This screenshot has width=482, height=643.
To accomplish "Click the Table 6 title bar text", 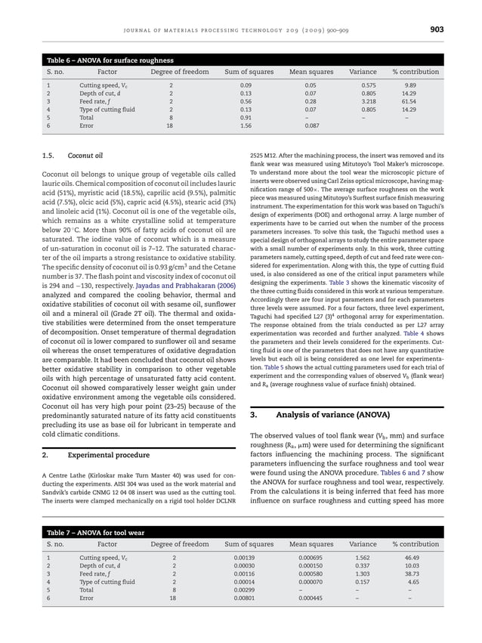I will [x=110, y=60].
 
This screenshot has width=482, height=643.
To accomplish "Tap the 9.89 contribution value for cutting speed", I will [x=409, y=85].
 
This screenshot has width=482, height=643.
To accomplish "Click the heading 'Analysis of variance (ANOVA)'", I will [x=330, y=415].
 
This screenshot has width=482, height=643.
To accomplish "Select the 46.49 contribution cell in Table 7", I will [x=412, y=557].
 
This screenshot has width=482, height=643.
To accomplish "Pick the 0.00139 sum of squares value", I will [x=245, y=557].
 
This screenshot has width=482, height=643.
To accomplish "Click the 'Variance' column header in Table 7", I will [x=363, y=544].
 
